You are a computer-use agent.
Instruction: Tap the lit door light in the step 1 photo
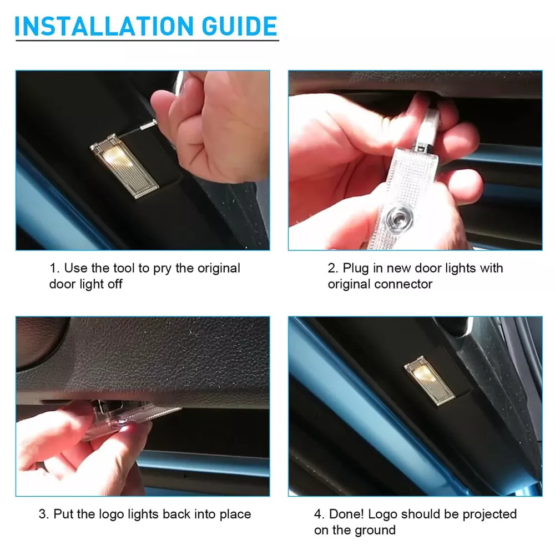pos(124,165)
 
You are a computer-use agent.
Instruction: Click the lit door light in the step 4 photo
pos(429,380)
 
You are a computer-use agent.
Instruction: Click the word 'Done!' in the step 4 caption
pos(346,514)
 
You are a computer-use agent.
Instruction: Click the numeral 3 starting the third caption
pos(42,514)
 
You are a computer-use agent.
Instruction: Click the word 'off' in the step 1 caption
pos(115,284)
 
